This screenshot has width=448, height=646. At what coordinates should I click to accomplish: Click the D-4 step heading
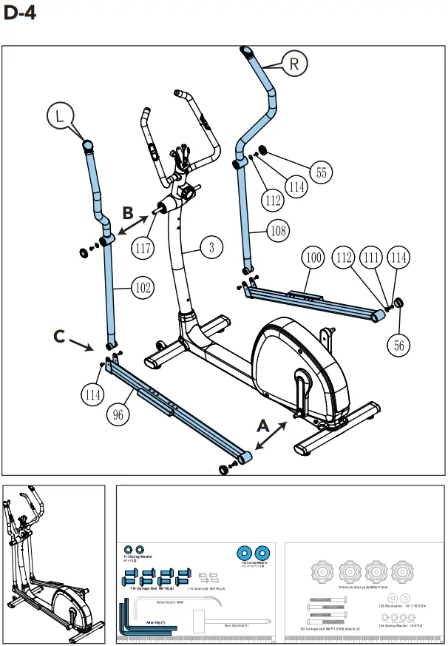click(x=19, y=13)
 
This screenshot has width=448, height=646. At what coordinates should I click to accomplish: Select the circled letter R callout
click(x=294, y=64)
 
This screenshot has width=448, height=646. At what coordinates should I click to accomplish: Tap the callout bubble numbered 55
click(x=320, y=172)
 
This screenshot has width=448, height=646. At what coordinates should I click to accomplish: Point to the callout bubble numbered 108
click(x=278, y=232)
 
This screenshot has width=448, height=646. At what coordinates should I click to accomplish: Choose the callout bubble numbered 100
click(x=313, y=258)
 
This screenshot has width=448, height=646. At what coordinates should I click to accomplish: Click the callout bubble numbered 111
click(x=373, y=258)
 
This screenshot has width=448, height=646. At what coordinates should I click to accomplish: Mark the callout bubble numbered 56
click(x=400, y=345)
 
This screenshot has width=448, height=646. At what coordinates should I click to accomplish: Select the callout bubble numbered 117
click(x=144, y=248)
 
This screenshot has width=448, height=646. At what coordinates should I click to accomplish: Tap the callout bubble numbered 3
click(x=211, y=248)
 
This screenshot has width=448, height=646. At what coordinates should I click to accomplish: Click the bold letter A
click(x=262, y=425)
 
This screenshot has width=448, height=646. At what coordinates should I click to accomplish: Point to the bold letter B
click(x=128, y=212)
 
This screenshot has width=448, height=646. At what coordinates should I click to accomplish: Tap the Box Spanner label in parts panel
click(x=236, y=625)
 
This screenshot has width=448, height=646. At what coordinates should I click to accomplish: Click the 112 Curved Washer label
click(x=254, y=563)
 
